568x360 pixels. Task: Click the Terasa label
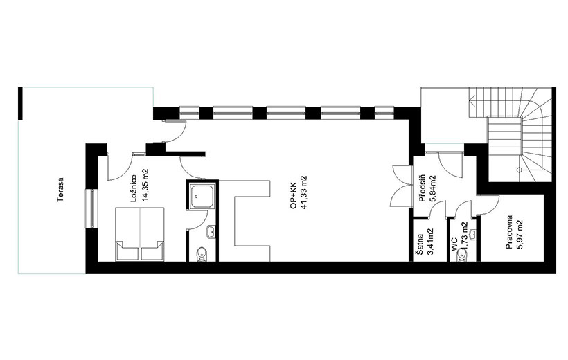(60, 189)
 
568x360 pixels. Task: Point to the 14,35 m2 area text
(145, 185)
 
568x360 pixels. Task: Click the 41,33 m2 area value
(304, 192)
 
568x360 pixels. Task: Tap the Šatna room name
(420, 244)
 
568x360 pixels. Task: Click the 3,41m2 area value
(431, 242)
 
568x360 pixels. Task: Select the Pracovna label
(509, 233)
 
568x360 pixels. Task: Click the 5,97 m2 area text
(520, 235)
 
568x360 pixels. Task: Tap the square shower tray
(203, 195)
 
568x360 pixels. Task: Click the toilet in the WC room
(461, 255)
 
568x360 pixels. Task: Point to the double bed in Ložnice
(140, 234)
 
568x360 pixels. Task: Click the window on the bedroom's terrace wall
(91, 208)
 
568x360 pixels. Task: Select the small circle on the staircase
(519, 170)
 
